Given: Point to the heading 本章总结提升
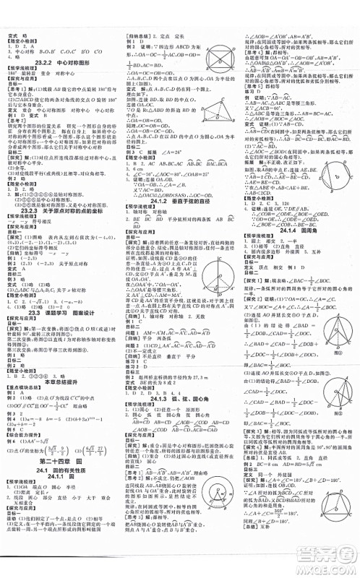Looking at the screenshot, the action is coord(61,361).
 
